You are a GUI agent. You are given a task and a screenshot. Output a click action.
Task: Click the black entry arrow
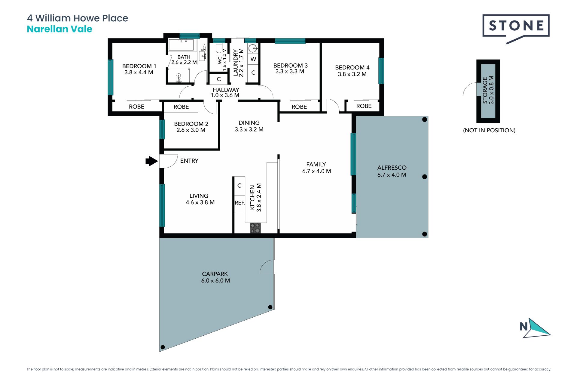pos(152,161)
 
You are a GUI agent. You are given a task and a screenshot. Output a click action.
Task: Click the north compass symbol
pos(535,328)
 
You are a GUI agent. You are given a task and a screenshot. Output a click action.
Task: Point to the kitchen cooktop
pos(255,228)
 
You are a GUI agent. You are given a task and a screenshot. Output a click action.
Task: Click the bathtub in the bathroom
pos(181,45)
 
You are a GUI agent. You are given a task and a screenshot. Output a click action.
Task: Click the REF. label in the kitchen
pos(240,203)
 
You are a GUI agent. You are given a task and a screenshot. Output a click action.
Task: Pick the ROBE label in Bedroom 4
pos(364,106)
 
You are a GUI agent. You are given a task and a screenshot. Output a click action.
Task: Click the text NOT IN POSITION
pos(489,130)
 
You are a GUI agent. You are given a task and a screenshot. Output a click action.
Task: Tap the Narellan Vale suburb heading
pos(60,29)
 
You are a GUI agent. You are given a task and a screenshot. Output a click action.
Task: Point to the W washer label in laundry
pos(253,59)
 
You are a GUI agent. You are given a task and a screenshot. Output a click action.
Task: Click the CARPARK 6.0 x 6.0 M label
pos(215,277)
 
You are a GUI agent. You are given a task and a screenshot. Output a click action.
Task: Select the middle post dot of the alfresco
pos(425,177)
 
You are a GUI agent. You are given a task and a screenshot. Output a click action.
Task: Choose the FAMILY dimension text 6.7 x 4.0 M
pos(316,171)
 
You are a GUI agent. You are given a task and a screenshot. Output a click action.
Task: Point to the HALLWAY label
pos(226,90)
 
